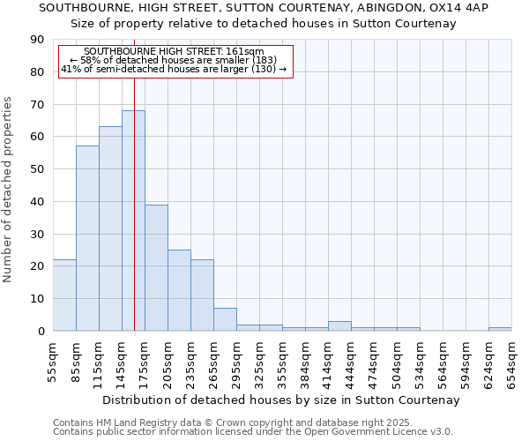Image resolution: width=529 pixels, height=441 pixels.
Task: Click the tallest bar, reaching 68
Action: tap(133, 220)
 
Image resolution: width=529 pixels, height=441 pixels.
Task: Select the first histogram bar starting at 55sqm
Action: tap(64, 295)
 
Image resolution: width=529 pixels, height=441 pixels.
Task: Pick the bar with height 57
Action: tap(87, 238)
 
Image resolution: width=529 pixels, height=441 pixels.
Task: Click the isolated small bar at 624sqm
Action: tap(500, 329)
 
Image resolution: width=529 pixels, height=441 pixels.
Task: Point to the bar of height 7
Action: tap(225, 319)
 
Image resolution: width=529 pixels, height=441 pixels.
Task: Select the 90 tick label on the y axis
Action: tap(37, 40)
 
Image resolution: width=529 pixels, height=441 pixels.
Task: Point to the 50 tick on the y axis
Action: tap(37, 169)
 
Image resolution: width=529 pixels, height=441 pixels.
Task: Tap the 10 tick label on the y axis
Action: tap(37, 299)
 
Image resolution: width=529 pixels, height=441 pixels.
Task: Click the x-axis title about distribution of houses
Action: tap(281, 400)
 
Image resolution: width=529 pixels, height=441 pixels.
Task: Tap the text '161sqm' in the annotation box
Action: tap(246, 52)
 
